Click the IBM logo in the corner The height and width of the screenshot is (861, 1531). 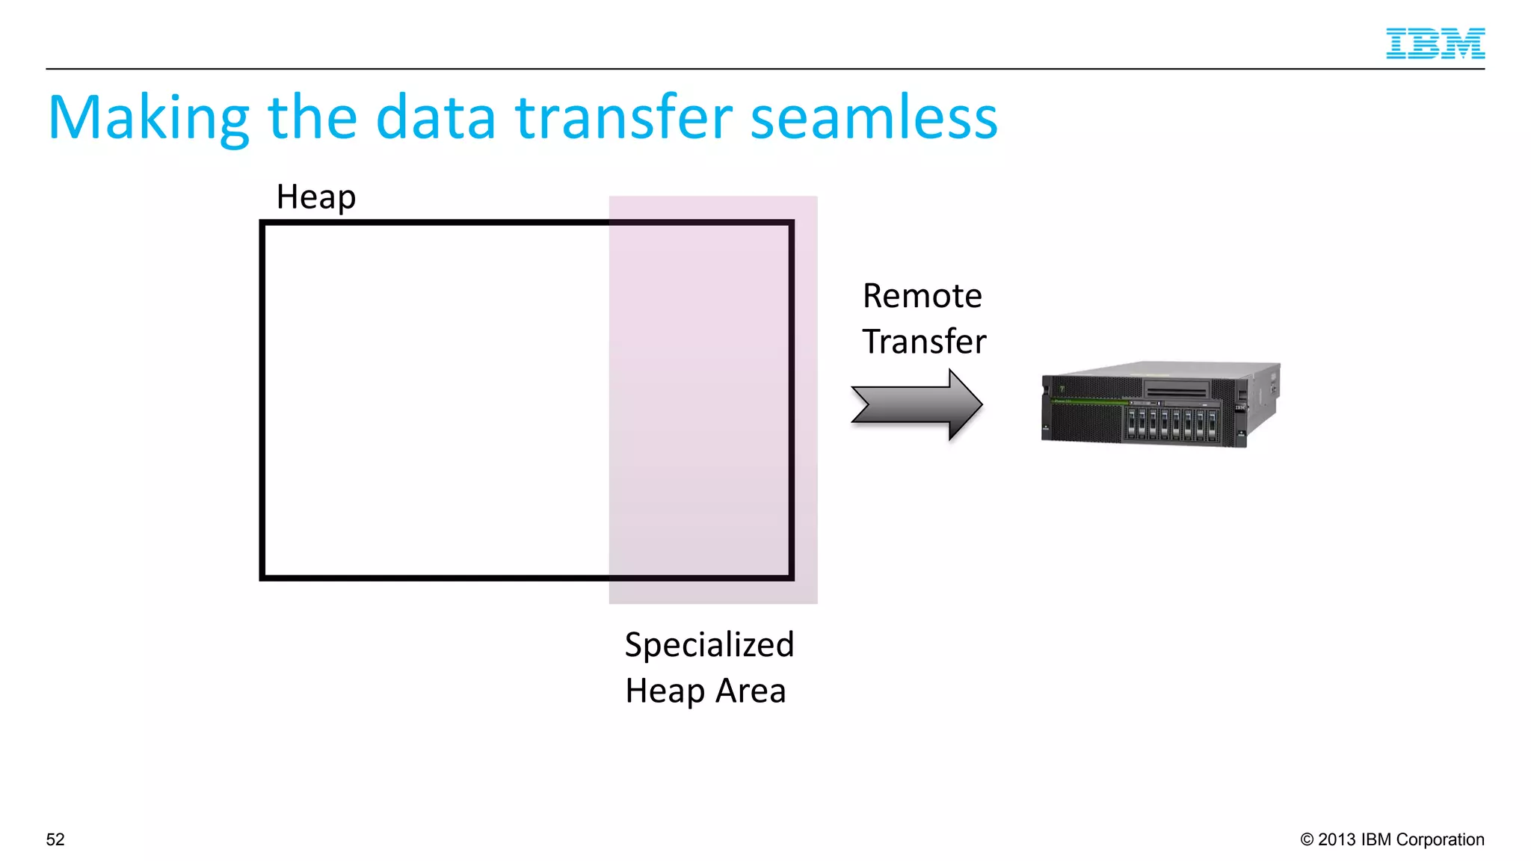[1435, 43]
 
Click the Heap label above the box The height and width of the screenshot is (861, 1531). [315, 197]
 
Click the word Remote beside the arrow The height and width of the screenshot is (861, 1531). [922, 296]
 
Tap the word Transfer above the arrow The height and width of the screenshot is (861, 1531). [924, 342]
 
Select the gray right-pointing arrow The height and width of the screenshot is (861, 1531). [916, 404]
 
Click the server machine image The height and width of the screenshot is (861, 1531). [1160, 404]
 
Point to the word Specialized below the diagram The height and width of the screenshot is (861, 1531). [709, 645]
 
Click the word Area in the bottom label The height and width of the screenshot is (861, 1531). [751, 691]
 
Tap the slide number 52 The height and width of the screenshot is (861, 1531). [55, 839]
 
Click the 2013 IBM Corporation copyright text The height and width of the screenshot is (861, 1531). [1392, 839]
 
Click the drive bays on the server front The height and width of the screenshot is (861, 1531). [1171, 423]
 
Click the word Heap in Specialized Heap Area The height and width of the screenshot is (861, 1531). [664, 691]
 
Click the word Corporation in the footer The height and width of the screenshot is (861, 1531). [1440, 839]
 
